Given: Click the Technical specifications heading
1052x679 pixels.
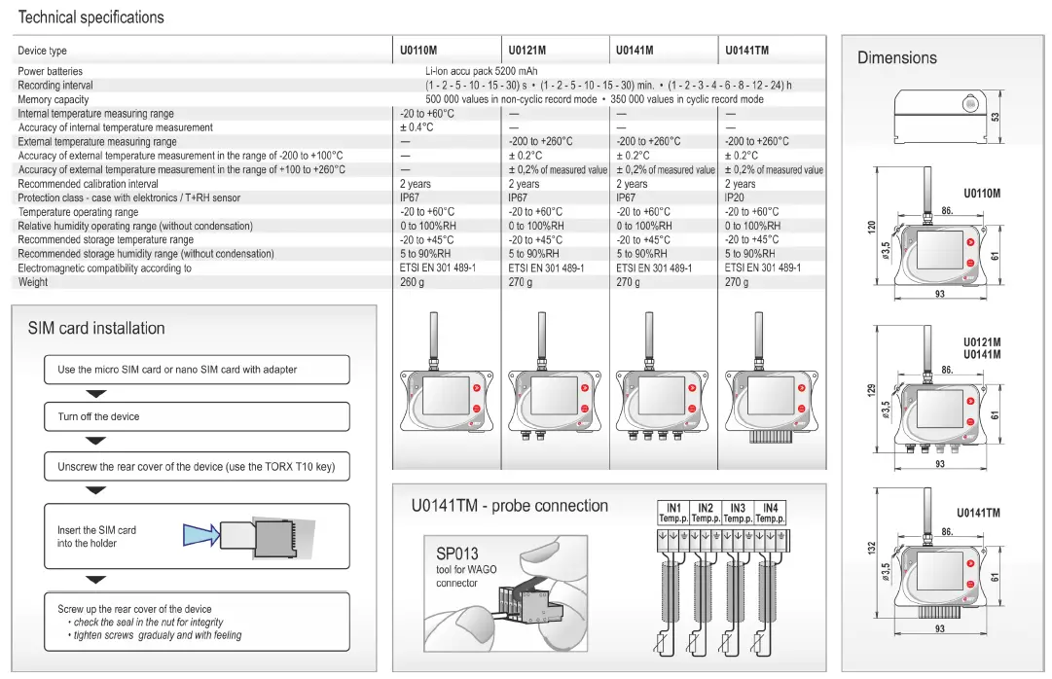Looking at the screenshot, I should (91, 18).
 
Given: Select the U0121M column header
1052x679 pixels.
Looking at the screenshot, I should (526, 51).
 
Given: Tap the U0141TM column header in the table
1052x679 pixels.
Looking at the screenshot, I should (746, 51).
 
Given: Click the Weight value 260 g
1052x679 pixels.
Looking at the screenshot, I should (413, 282).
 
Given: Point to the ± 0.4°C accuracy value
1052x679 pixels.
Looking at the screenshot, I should (417, 127).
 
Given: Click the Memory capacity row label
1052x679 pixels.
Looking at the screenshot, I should (53, 99).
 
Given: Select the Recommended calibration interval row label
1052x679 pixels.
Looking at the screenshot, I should (88, 184).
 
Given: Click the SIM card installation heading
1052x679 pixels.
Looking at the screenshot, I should (96, 329).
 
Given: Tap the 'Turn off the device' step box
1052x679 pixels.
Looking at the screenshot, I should (196, 416).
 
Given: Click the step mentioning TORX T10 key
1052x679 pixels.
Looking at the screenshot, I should (196, 467).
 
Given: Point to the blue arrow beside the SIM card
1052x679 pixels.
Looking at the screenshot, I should (200, 534).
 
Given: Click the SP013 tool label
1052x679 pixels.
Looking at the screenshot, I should (457, 554).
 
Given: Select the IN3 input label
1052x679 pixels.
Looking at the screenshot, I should (738, 508).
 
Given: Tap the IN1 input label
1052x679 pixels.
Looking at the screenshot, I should (673, 508).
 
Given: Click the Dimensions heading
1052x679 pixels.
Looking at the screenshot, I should (896, 58).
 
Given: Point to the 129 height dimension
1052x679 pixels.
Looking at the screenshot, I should (872, 389).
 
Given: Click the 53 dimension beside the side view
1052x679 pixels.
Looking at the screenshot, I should (995, 117).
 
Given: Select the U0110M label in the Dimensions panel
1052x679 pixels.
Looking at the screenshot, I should (982, 194).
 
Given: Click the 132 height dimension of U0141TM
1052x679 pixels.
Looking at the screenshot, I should (872, 550).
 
